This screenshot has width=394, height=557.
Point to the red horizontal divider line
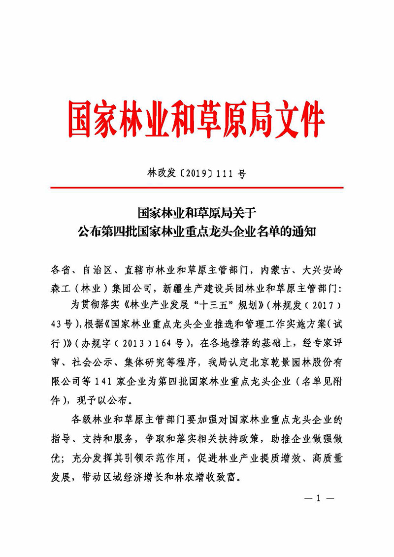pos(197,188)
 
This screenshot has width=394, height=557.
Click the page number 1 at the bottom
pos(318,498)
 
